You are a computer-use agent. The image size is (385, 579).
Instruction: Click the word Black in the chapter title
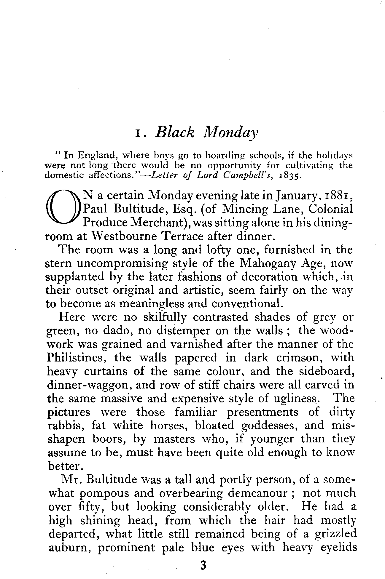tap(175, 132)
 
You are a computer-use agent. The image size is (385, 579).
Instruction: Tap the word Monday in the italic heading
tap(230, 133)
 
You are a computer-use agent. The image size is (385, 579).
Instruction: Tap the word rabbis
tap(66, 426)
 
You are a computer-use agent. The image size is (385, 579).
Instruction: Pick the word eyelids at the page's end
tap(335, 548)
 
